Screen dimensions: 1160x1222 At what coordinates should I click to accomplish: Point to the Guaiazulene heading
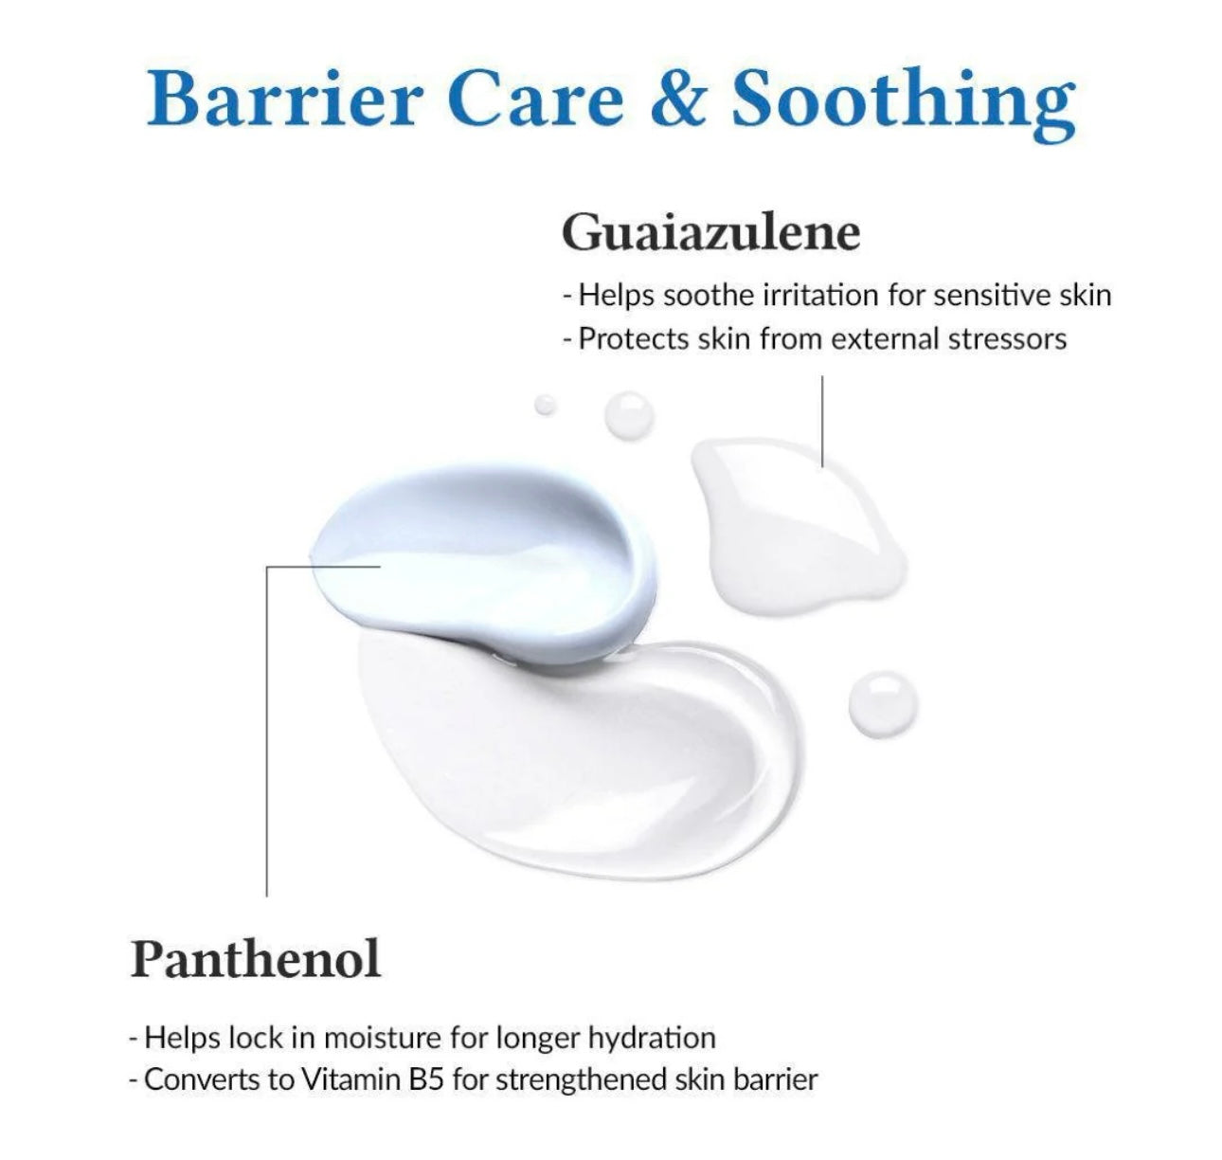(x=710, y=233)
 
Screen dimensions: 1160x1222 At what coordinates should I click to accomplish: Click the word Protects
(x=634, y=338)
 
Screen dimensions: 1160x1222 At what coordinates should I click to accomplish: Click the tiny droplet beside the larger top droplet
(x=545, y=405)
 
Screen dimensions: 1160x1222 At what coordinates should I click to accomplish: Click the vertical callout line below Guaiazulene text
(x=822, y=417)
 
